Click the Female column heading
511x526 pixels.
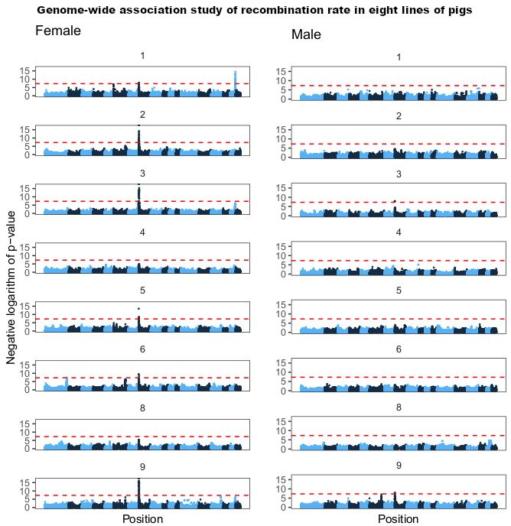pos(58,31)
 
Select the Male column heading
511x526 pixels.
pos(306,35)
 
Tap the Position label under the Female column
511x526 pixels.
pos(142,519)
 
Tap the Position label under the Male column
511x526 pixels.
pos(398,519)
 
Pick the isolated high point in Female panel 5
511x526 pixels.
pos(138,309)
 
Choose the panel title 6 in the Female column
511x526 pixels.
pos(142,349)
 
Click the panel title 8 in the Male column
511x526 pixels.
pos(399,407)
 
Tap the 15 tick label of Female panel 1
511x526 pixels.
pos(24,70)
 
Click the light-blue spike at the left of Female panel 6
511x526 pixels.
pos(67,380)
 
